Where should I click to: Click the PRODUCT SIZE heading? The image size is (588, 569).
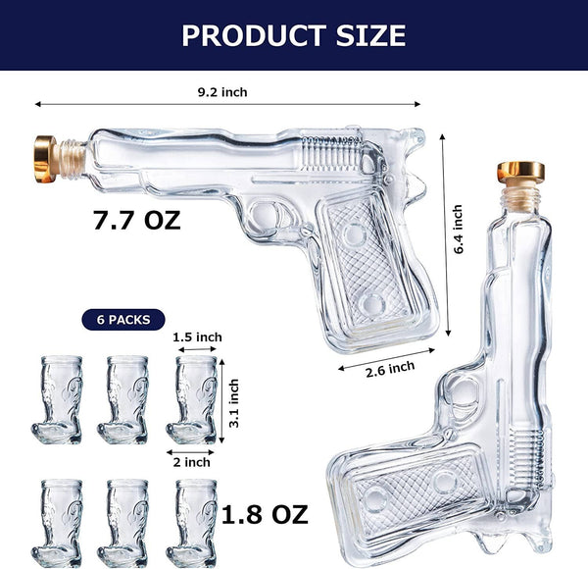coord(294,35)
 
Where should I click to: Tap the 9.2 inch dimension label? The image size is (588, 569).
coord(221,92)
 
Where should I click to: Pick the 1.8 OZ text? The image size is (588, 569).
coord(265,514)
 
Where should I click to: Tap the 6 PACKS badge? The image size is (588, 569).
coord(124,319)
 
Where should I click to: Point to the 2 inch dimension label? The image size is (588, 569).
coord(192,461)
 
